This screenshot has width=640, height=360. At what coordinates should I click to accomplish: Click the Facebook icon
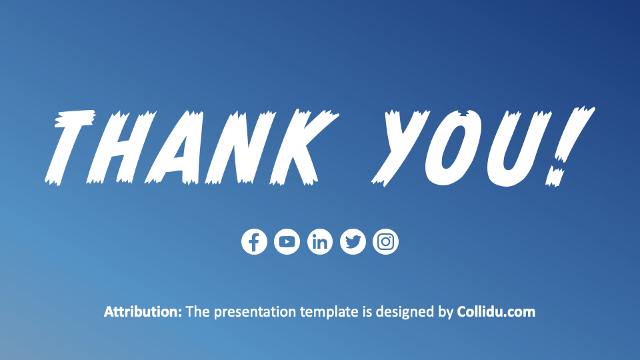point(254,241)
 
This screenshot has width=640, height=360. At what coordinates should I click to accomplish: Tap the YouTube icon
point(287,241)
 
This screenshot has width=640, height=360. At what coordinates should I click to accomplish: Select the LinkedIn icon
point(320,241)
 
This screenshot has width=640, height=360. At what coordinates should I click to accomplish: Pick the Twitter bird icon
point(353,241)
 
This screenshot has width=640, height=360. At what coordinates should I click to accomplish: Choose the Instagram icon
point(385,241)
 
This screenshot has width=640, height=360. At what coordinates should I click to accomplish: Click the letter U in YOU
point(517,147)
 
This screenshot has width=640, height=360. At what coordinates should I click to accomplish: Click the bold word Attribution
point(143,311)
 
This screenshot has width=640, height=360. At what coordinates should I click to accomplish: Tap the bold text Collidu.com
point(496,311)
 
